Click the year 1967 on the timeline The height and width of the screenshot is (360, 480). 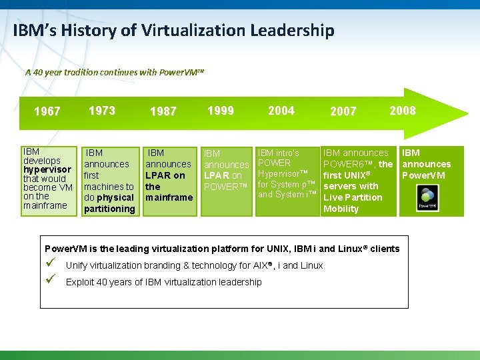(x=47, y=111)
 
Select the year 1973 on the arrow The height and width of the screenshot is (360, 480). (x=101, y=111)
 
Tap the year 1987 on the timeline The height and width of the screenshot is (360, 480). (x=163, y=111)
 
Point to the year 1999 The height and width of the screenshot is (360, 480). (x=221, y=111)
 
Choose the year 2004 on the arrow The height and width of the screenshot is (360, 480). (x=281, y=111)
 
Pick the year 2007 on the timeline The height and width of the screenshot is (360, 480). (x=343, y=111)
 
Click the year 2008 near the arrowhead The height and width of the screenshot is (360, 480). (x=403, y=111)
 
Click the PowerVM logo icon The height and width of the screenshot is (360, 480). (x=427, y=198)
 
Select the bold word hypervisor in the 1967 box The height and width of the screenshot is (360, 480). (x=47, y=169)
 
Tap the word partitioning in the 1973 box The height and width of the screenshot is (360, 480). (x=109, y=209)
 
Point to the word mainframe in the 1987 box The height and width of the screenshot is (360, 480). (x=169, y=197)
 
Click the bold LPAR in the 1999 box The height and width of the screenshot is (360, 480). (x=217, y=175)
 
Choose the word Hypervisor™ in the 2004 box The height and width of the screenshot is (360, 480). (x=283, y=173)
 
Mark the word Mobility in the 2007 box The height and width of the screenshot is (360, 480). (x=341, y=209)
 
